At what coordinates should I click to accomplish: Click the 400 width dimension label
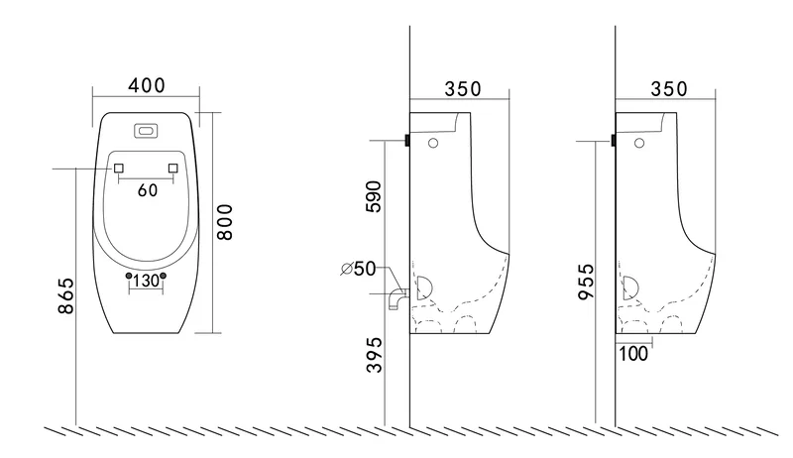[146, 85]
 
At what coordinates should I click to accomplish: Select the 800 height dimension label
[225, 222]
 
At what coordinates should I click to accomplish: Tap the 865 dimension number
[65, 295]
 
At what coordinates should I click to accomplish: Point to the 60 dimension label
[148, 190]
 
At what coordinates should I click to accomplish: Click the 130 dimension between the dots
[146, 281]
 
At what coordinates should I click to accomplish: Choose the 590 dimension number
[374, 196]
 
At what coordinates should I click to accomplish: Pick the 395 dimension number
[375, 355]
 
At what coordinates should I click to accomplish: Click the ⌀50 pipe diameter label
[359, 269]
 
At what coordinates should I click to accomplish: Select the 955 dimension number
[586, 282]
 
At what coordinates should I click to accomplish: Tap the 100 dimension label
[633, 354]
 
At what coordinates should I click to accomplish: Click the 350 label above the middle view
[463, 89]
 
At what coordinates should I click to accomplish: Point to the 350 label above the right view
[668, 89]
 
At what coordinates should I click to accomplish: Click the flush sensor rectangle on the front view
[146, 131]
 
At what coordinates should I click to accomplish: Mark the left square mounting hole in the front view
[119, 168]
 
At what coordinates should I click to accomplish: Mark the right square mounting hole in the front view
[173, 168]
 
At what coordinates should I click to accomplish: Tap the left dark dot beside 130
[129, 276]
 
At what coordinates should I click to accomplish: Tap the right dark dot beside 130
[163, 276]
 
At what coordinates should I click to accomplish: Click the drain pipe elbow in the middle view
[397, 299]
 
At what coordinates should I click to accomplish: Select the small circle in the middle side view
[433, 143]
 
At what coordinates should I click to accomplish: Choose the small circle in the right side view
[639, 143]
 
